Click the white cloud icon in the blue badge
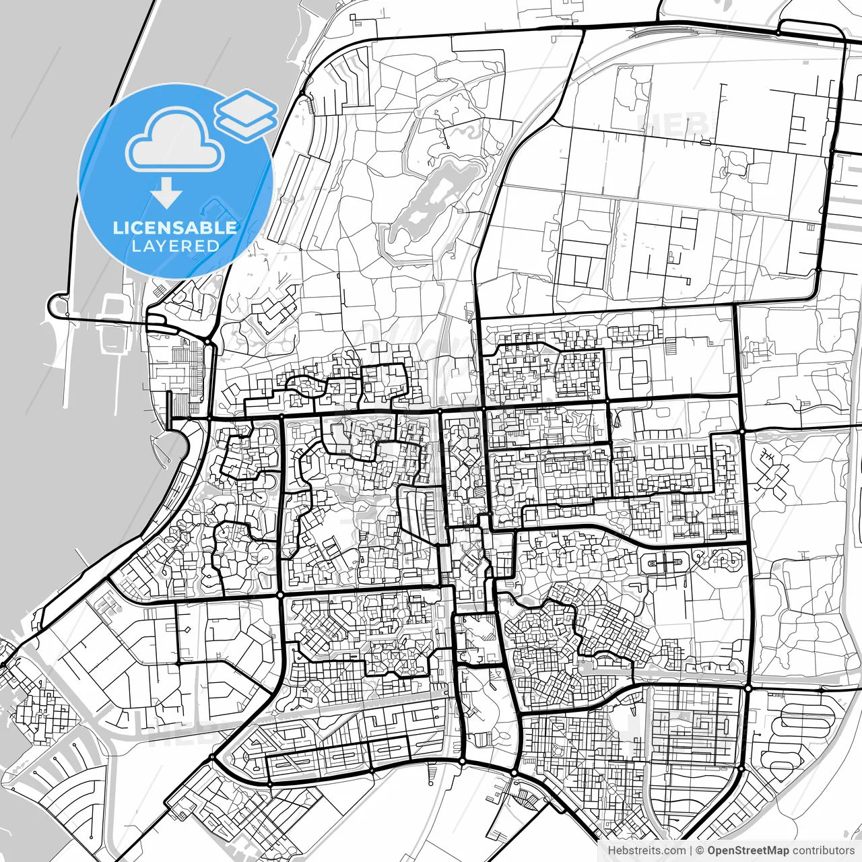[176, 142]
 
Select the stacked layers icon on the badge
[246, 115]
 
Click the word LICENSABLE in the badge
[175, 228]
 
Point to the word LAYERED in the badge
[175, 246]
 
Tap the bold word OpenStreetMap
[748, 851]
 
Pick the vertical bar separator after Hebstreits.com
[691, 851]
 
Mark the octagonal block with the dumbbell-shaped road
[667, 561]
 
